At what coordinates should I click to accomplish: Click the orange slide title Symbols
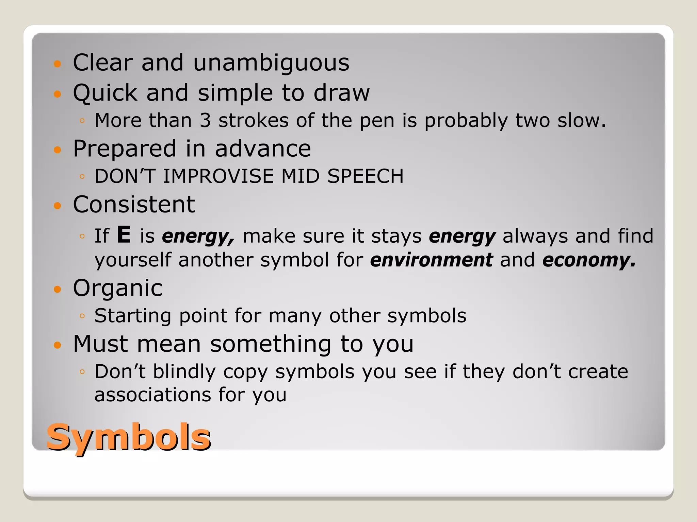click(x=129, y=437)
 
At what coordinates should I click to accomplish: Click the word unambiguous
click(x=271, y=63)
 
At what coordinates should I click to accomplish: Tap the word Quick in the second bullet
click(x=105, y=93)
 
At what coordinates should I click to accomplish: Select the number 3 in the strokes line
click(x=205, y=120)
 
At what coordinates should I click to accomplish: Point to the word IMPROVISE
click(x=218, y=176)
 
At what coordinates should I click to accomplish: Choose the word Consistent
click(x=134, y=205)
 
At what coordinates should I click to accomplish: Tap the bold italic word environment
click(x=431, y=260)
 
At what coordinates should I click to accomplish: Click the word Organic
click(x=118, y=288)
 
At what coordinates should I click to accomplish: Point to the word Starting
click(x=133, y=316)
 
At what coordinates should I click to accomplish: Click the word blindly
click(x=184, y=371)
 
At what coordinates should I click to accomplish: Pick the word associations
click(x=153, y=395)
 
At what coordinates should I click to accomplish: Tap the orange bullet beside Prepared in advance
click(x=58, y=150)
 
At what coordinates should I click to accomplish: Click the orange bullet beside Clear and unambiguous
click(x=58, y=64)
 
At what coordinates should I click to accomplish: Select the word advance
click(x=263, y=149)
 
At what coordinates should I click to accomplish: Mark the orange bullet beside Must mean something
click(x=58, y=345)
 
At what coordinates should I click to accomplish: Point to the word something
click(x=271, y=344)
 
